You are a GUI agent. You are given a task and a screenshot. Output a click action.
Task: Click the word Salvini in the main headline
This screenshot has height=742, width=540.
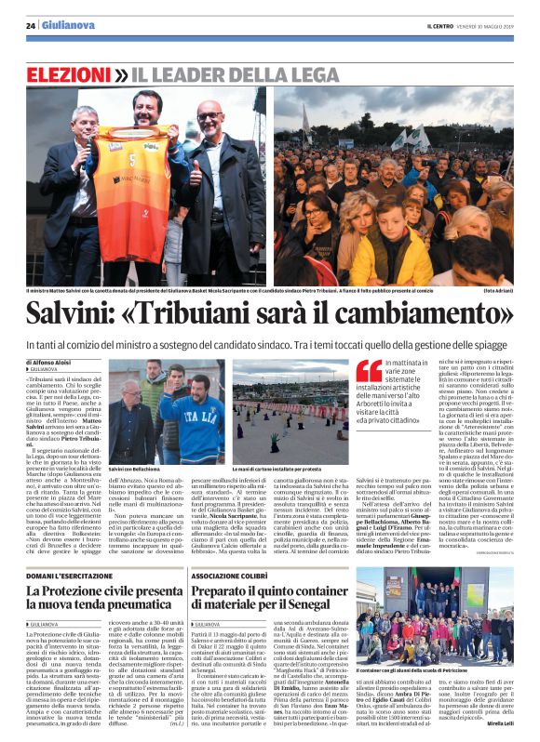(86, 314)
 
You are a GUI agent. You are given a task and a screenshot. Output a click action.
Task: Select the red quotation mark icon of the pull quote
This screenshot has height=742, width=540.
(371, 371)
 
